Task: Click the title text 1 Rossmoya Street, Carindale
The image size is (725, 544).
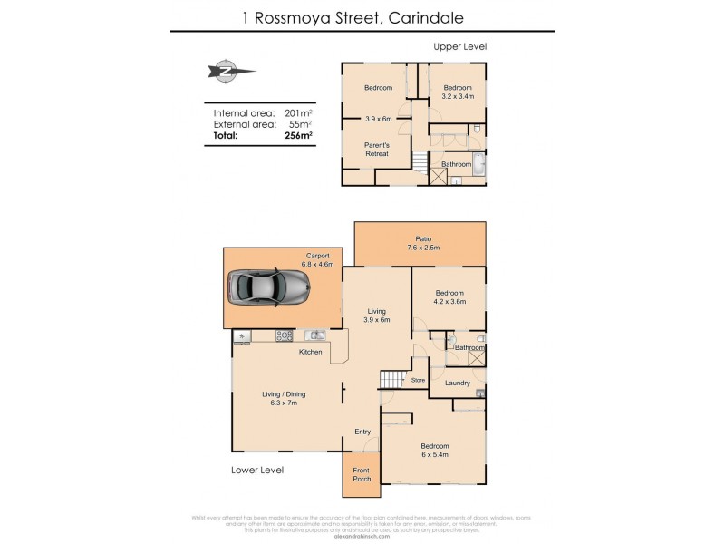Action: (x=362, y=15)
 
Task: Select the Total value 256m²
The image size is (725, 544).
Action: (x=298, y=136)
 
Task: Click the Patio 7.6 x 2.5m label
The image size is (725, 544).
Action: (x=420, y=242)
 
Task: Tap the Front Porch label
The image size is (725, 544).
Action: (x=362, y=475)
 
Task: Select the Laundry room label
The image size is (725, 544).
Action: (x=458, y=383)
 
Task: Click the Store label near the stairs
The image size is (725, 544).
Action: (x=418, y=381)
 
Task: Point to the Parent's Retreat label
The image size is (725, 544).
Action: (x=376, y=149)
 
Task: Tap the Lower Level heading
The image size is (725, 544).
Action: (x=256, y=470)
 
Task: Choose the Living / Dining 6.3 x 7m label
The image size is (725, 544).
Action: (x=281, y=400)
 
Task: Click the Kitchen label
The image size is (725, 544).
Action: (x=310, y=352)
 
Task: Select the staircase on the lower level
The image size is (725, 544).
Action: (x=391, y=379)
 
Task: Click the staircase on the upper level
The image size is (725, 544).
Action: (x=420, y=163)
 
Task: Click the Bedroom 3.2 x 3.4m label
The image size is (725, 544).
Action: (x=457, y=92)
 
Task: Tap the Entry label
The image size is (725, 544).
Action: (x=362, y=432)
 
